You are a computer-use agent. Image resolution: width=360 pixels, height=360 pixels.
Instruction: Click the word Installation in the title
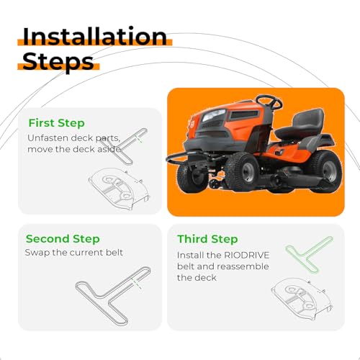coord(95,37)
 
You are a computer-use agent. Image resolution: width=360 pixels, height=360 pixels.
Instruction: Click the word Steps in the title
coord(58,62)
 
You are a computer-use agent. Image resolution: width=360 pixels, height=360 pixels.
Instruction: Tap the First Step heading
coord(56,123)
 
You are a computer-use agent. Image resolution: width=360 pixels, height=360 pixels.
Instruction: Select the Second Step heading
coord(63,239)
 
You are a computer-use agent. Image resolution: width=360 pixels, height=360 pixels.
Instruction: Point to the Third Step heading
coord(207,239)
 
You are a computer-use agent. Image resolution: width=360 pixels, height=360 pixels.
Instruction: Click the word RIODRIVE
coord(246,255)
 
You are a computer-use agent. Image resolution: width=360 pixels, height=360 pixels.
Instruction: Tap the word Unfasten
coord(48,138)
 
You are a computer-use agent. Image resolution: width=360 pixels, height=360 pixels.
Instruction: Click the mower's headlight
coord(214,115)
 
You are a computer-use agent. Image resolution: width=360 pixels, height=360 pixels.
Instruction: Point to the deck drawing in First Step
coord(120,189)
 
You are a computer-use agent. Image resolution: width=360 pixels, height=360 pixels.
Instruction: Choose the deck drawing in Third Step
coord(302,298)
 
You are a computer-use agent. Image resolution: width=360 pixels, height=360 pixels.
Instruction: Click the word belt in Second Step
coord(114,253)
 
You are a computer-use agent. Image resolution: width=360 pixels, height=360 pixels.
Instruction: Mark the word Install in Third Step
coord(191,255)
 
